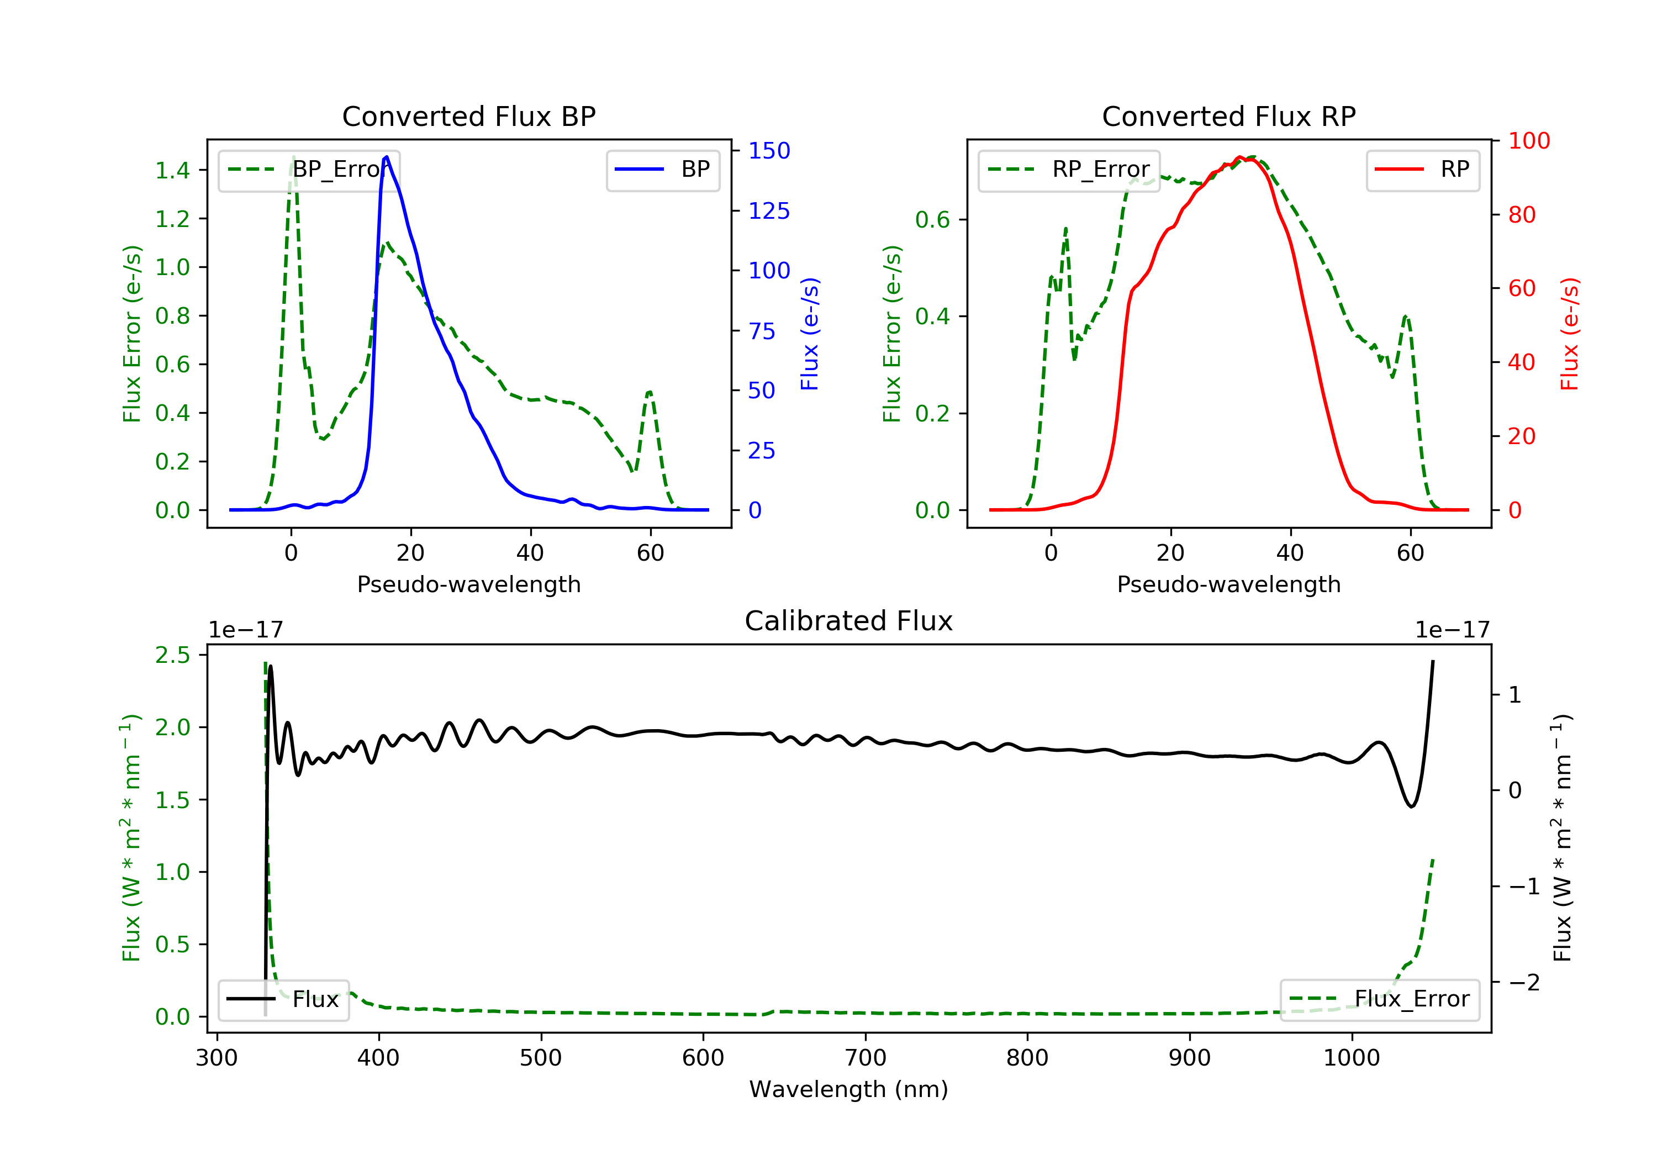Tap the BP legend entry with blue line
[663, 170]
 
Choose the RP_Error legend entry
[1069, 170]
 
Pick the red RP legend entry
[1422, 170]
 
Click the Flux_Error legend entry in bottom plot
[1379, 999]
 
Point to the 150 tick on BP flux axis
[769, 151]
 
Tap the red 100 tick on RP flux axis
[1528, 141]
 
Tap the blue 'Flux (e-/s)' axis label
[810, 334]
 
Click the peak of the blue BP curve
[387, 157]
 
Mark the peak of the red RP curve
[1238, 157]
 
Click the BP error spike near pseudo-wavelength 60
[650, 393]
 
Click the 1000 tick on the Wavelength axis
[1351, 1058]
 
